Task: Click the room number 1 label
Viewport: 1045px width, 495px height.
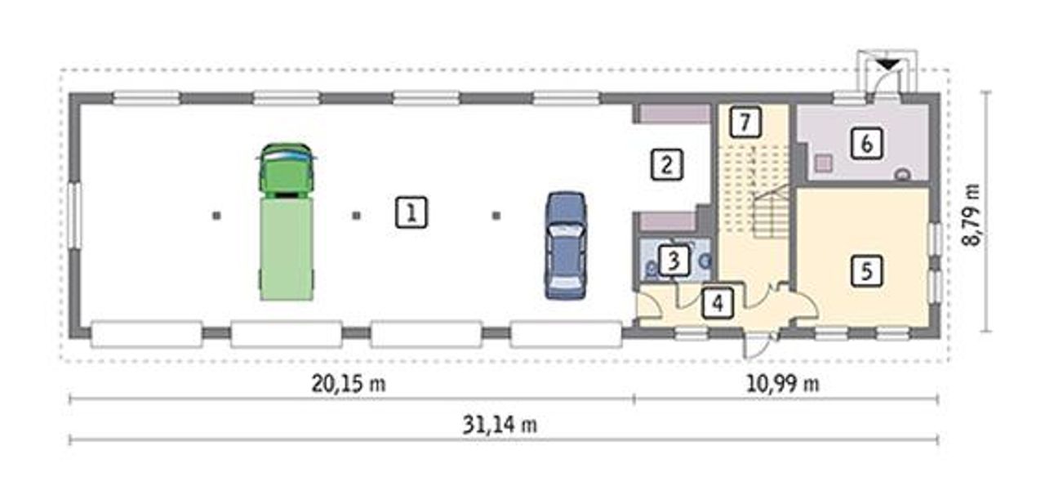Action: pos(411,212)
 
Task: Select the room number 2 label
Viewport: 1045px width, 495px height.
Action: pos(667,164)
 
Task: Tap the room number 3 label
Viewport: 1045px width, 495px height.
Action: pos(674,261)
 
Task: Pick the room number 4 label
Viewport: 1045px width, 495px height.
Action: pos(718,303)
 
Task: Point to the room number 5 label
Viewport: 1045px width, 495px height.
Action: pos(866,270)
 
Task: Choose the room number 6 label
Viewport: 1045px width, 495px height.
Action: pos(866,144)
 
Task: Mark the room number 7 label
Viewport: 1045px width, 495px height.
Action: pos(745,122)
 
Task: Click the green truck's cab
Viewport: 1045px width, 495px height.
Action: pos(286,171)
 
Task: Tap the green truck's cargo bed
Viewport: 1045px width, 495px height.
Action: pos(287,249)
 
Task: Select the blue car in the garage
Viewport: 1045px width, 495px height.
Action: pos(566,245)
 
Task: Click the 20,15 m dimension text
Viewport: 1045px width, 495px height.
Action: pos(349,384)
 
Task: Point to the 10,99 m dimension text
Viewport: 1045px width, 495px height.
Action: pos(782,384)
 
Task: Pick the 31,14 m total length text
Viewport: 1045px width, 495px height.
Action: pos(500,425)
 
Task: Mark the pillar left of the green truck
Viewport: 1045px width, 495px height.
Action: pos(216,216)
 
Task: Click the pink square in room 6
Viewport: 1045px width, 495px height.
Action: pos(824,163)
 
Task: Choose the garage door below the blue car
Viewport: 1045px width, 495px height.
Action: pos(566,334)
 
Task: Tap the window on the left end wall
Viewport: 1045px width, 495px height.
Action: pos(73,216)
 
